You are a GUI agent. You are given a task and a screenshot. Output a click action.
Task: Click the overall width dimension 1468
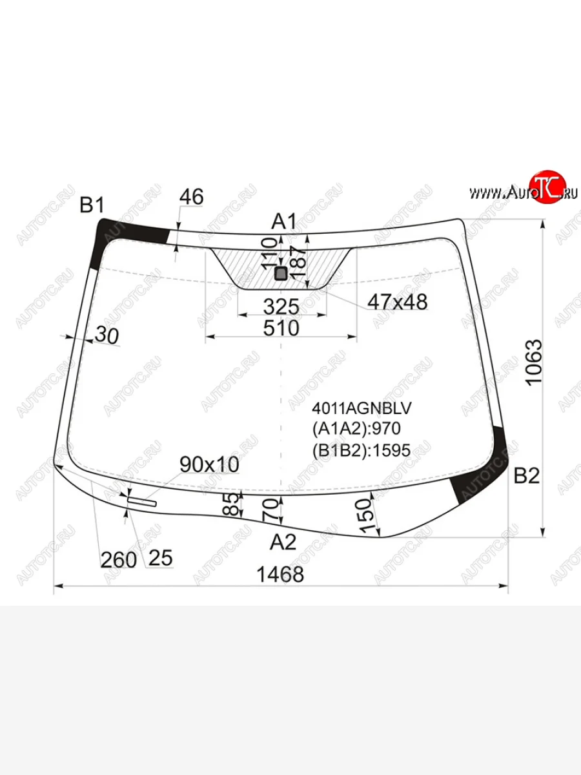[280, 574]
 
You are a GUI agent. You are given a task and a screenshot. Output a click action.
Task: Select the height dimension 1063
[533, 362]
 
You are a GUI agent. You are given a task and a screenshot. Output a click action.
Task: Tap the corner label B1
[92, 205]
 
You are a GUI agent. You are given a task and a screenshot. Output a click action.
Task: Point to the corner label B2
[526, 475]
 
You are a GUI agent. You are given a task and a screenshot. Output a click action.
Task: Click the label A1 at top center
[284, 222]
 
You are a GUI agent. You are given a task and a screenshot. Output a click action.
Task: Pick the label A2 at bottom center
[283, 542]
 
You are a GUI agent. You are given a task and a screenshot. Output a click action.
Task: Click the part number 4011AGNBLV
[362, 408]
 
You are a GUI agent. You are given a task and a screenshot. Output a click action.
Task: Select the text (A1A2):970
[356, 429]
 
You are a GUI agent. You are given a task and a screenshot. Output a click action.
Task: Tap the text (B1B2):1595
[362, 450]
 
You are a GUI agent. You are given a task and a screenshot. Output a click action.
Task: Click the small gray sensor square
[281, 273]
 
